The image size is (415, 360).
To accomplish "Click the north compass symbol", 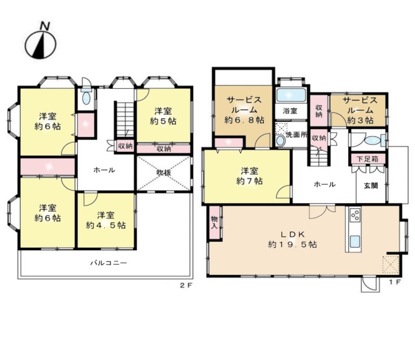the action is pos(40,42).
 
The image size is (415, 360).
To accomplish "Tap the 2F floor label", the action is pos(186,285).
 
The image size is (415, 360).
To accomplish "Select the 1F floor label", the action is pos(395,282).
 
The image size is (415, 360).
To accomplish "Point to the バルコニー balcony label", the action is pos(108,263).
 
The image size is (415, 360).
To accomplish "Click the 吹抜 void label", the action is pos(163,173).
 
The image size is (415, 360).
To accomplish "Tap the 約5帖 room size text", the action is pos(163,121).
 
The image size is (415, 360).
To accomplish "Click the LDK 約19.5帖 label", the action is pos(292,239).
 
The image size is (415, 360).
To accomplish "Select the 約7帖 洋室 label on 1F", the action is pos(249,176).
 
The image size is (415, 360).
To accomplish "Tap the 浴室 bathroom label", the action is pos(290,111).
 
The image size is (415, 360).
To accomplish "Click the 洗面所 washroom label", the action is pos(296,134).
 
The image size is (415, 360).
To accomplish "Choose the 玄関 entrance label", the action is pos(370,186).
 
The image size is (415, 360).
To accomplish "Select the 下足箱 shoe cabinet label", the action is pos(368,159).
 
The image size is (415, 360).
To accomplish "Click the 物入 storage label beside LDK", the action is pos(214,222).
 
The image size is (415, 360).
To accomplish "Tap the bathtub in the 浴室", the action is pos(291,95).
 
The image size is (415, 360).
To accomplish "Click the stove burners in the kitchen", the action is pos(355,215).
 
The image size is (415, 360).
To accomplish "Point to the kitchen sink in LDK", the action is pos(355,241).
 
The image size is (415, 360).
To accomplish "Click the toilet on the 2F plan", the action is pos(86,97).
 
